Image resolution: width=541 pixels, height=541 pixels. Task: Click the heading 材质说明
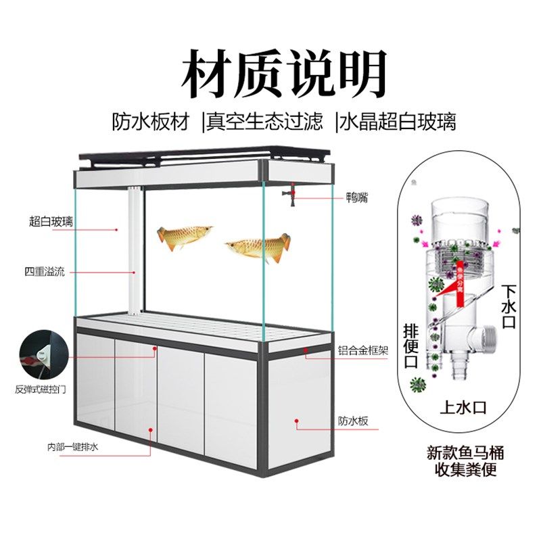click(x=283, y=73)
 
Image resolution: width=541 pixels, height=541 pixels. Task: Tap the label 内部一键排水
click(x=73, y=447)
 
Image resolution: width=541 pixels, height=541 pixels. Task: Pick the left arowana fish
click(x=185, y=237)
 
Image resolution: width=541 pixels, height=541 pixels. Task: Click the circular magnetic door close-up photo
click(x=41, y=354)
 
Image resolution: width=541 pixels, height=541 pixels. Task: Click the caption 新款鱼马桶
click(x=465, y=452)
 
